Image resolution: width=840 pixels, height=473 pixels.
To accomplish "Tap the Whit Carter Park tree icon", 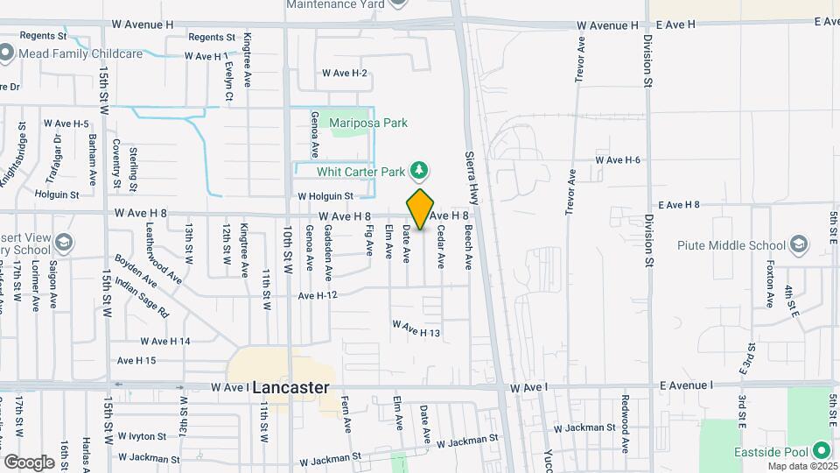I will pyautogui.click(x=421, y=169).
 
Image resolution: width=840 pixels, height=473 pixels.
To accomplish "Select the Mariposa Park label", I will pyautogui.click(x=368, y=124).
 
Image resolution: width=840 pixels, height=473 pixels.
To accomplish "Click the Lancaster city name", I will pyautogui.click(x=291, y=387).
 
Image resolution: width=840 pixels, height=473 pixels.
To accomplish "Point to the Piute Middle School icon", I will pyautogui.click(x=798, y=244).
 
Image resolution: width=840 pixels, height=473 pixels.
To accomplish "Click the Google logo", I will pyautogui.click(x=29, y=462).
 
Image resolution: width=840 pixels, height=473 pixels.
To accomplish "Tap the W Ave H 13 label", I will pyautogui.click(x=416, y=328).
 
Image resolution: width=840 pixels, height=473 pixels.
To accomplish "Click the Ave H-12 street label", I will pyautogui.click(x=318, y=296).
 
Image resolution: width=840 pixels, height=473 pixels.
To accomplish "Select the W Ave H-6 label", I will pyautogui.click(x=618, y=159).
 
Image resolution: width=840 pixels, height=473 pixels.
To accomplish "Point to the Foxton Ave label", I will pyautogui.click(x=770, y=284).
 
